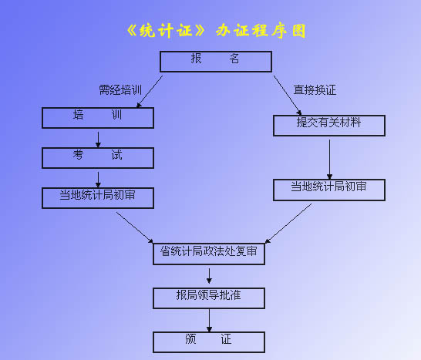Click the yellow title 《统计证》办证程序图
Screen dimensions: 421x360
tap(217, 31)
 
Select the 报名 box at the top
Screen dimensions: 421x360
tap(216, 62)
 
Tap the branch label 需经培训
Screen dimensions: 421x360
tap(120, 90)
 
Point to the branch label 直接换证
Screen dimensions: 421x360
tap(315, 90)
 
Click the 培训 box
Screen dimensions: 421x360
tap(98, 118)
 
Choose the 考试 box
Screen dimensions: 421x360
tap(98, 158)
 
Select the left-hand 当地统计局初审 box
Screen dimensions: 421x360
tap(98, 198)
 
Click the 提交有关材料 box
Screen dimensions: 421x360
tap(329, 126)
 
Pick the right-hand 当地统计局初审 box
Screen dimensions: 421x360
tap(329, 190)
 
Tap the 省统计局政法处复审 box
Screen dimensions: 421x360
tap(209, 254)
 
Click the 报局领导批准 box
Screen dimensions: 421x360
tap(209, 298)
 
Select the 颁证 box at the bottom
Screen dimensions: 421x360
tap(209, 342)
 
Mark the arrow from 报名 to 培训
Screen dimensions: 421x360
tap(150, 92)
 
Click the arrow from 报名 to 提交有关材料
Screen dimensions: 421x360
tap(288, 96)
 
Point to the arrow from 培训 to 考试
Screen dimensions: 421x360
tap(98, 140)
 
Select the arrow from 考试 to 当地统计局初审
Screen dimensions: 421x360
tap(98, 180)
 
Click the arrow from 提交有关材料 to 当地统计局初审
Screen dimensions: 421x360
tap(330, 160)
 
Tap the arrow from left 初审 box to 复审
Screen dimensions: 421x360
tap(134, 227)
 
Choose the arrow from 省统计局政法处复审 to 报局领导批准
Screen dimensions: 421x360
tap(209, 276)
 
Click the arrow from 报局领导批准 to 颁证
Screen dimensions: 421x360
tap(210, 321)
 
